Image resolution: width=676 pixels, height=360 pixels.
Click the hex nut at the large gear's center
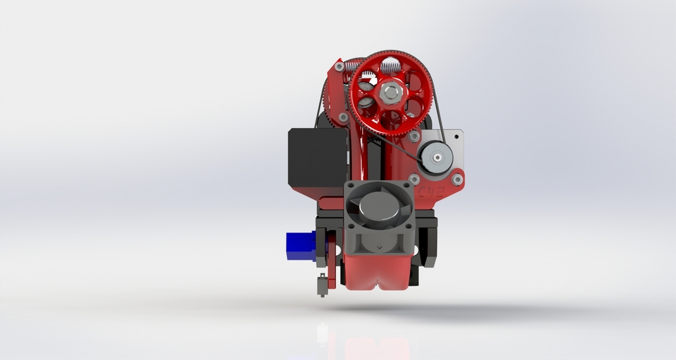click(x=390, y=91)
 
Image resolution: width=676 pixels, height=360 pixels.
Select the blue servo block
click(x=299, y=246)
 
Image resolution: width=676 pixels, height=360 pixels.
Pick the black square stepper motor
click(x=317, y=157)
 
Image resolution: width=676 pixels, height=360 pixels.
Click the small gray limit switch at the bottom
click(x=323, y=285)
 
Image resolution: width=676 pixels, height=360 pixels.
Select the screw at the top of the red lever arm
click(x=339, y=67)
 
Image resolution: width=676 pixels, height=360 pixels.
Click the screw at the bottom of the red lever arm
click(x=343, y=117)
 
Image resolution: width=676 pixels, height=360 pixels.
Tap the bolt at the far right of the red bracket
click(x=457, y=179)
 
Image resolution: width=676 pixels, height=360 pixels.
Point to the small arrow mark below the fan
click(x=379, y=248)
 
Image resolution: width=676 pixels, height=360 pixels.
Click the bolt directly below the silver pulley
click(x=414, y=179)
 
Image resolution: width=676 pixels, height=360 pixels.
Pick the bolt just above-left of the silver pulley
click(x=414, y=136)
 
